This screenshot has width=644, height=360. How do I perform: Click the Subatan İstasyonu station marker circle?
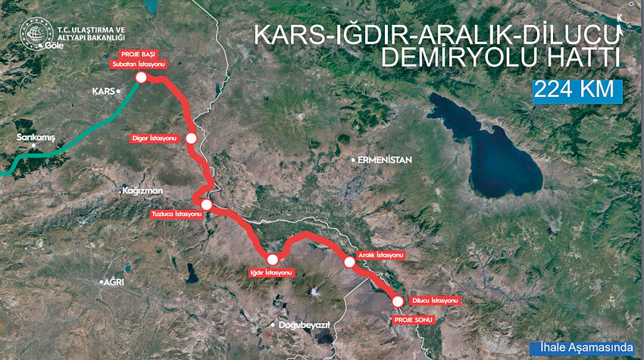point(141,77)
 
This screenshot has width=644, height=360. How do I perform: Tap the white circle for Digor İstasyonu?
point(192,139)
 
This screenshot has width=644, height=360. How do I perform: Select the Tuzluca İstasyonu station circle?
point(206,204)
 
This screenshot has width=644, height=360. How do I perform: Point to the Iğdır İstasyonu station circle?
point(272,259)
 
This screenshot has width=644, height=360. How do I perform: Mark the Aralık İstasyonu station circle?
point(349,262)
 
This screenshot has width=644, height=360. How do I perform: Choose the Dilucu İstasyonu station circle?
point(398,302)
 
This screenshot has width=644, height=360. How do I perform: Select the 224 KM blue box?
point(577,89)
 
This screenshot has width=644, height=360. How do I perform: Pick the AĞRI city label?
point(114,282)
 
